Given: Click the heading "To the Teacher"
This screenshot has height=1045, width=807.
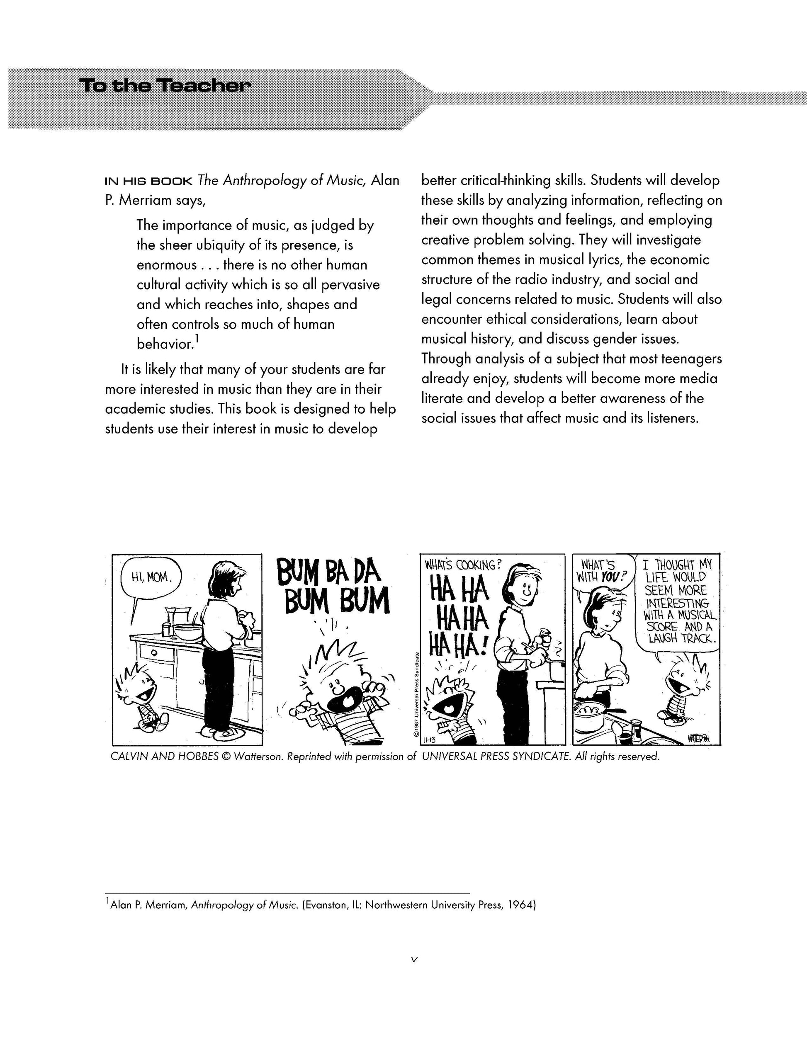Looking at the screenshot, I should pos(165,86).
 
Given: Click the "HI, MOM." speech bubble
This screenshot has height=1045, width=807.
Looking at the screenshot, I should pos(150,577).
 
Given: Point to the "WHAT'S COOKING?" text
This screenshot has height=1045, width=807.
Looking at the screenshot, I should pos(462,565).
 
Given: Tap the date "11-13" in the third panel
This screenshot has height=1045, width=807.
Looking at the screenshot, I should pos(429,741).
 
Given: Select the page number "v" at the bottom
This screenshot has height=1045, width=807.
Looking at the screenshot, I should pos(415,959).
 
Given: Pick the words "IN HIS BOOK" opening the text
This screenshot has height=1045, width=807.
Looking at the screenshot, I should pos(149,181).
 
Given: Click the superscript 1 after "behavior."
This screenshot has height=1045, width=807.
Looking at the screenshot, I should pos(197,339).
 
